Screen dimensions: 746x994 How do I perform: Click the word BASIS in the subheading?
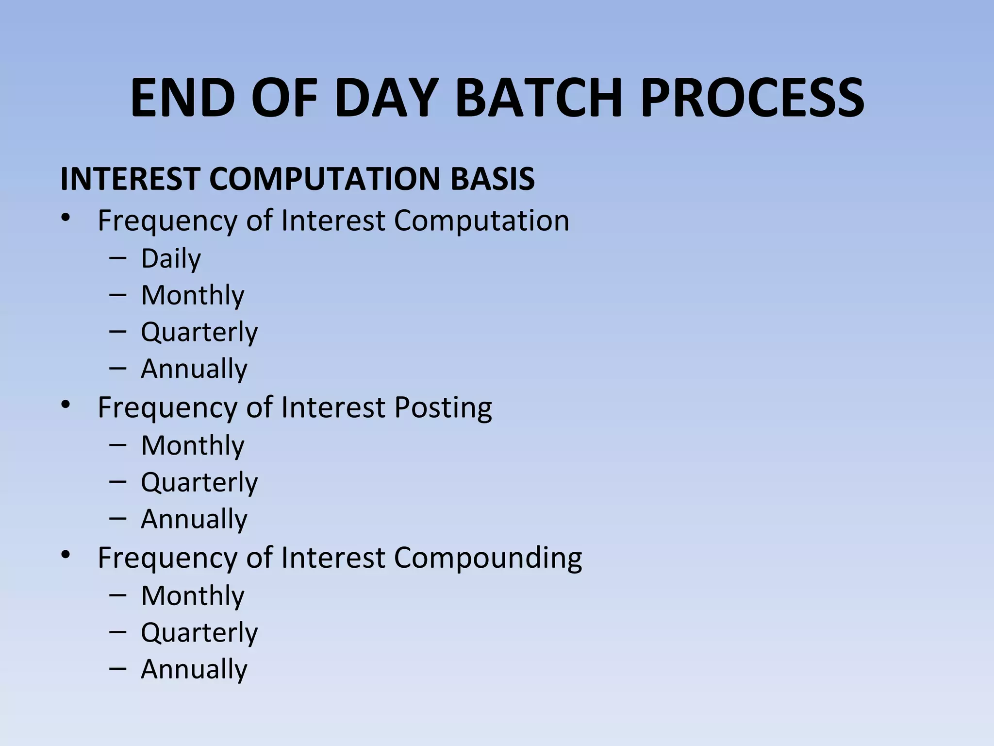tap(492, 178)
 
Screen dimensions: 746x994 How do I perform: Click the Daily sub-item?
tap(171, 258)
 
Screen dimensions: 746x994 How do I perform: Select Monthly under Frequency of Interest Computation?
tap(193, 295)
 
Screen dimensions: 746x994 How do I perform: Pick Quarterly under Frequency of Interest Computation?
tap(199, 332)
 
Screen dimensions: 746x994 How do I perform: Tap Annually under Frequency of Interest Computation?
tap(194, 369)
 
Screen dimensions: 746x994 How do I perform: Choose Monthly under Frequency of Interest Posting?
tap(193, 445)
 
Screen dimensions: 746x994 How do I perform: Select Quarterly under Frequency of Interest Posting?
tap(199, 482)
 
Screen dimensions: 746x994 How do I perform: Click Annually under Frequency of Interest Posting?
tap(194, 519)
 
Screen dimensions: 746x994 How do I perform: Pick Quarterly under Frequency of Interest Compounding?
tap(199, 632)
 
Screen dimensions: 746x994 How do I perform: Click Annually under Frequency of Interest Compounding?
tap(194, 669)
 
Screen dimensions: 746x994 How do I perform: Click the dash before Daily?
tap(118, 258)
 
